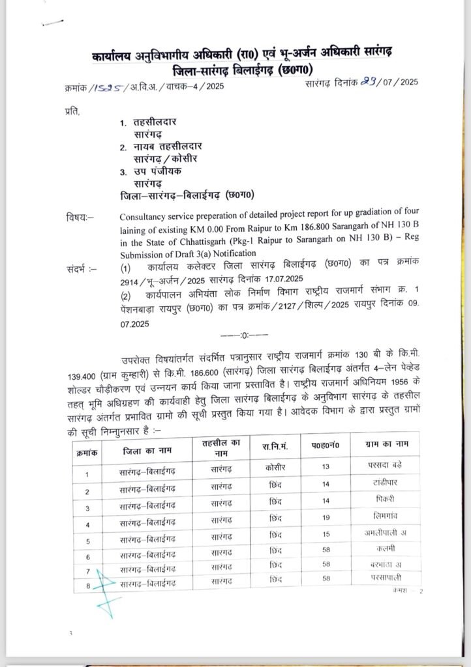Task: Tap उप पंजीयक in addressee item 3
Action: click(x=159, y=171)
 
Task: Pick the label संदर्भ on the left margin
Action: click(x=80, y=267)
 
